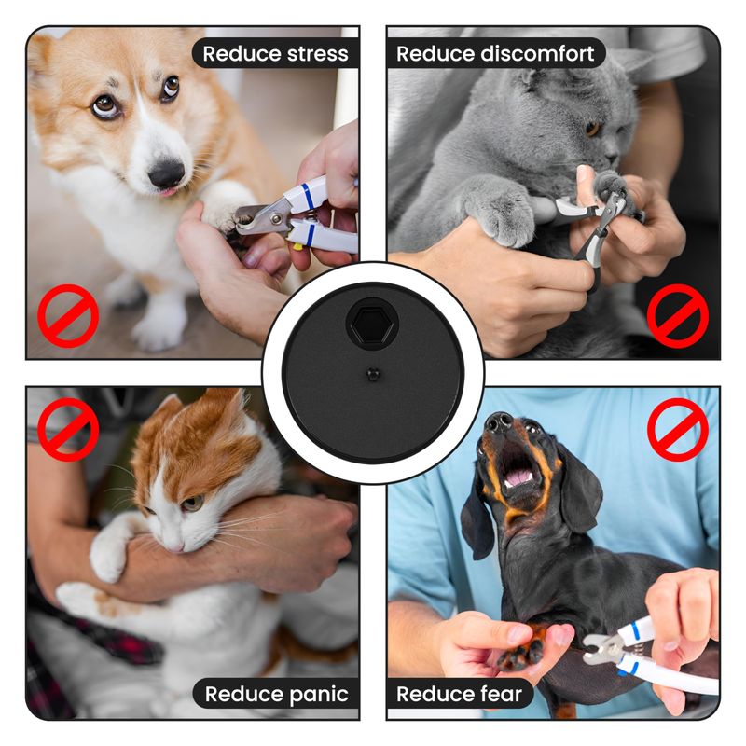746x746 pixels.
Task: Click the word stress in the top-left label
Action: (318, 54)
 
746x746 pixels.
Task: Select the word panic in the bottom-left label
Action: (319, 695)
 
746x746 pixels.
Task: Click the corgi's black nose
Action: (166, 173)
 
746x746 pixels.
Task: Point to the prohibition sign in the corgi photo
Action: (68, 316)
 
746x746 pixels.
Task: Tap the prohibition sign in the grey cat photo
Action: (678, 316)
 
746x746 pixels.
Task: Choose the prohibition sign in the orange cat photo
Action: (68, 430)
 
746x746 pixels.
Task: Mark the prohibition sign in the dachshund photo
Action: (678, 430)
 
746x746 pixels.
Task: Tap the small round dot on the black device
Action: (374, 375)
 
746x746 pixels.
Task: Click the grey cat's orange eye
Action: (592, 128)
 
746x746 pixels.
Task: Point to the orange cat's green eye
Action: (193, 503)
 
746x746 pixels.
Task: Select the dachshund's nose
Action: (498, 421)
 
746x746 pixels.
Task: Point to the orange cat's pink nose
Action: (177, 548)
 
